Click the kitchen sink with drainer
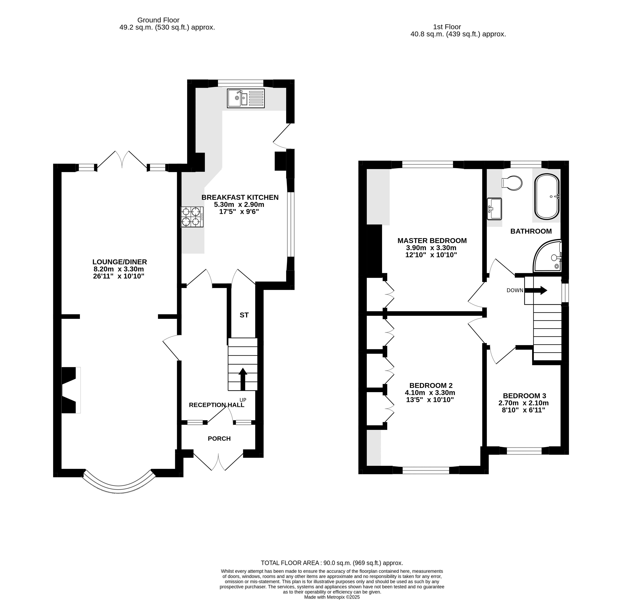(x=246, y=98)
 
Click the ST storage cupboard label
(x=244, y=315)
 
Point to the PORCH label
(x=219, y=439)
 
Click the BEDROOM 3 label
(x=525, y=396)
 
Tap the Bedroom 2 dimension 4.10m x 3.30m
(x=430, y=393)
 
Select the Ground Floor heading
(x=158, y=20)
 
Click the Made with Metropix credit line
(x=332, y=597)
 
